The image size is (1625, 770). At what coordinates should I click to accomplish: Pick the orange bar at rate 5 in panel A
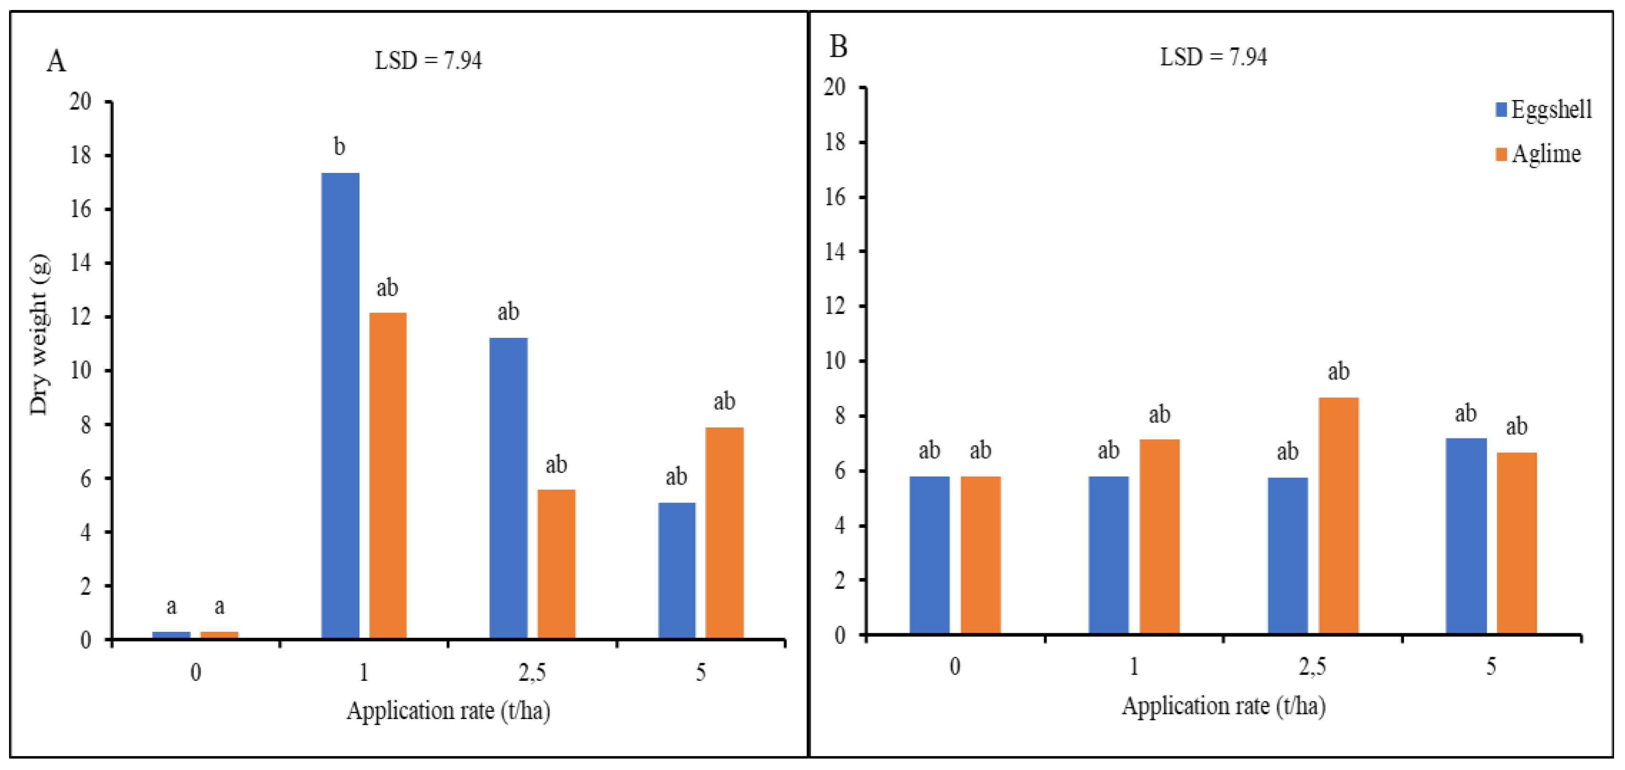tap(724, 533)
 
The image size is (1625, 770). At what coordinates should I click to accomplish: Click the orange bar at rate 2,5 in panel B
tap(1338, 515)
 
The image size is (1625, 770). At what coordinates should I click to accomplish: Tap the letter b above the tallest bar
tap(339, 147)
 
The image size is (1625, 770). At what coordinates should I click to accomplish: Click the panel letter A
tap(56, 62)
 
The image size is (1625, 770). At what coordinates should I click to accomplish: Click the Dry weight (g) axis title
tap(39, 334)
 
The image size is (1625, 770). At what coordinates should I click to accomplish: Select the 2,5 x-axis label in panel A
tap(532, 673)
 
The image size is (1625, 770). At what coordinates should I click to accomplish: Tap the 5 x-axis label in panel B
tap(1491, 667)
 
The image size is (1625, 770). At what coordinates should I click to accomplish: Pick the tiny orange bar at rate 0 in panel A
tap(219, 634)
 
